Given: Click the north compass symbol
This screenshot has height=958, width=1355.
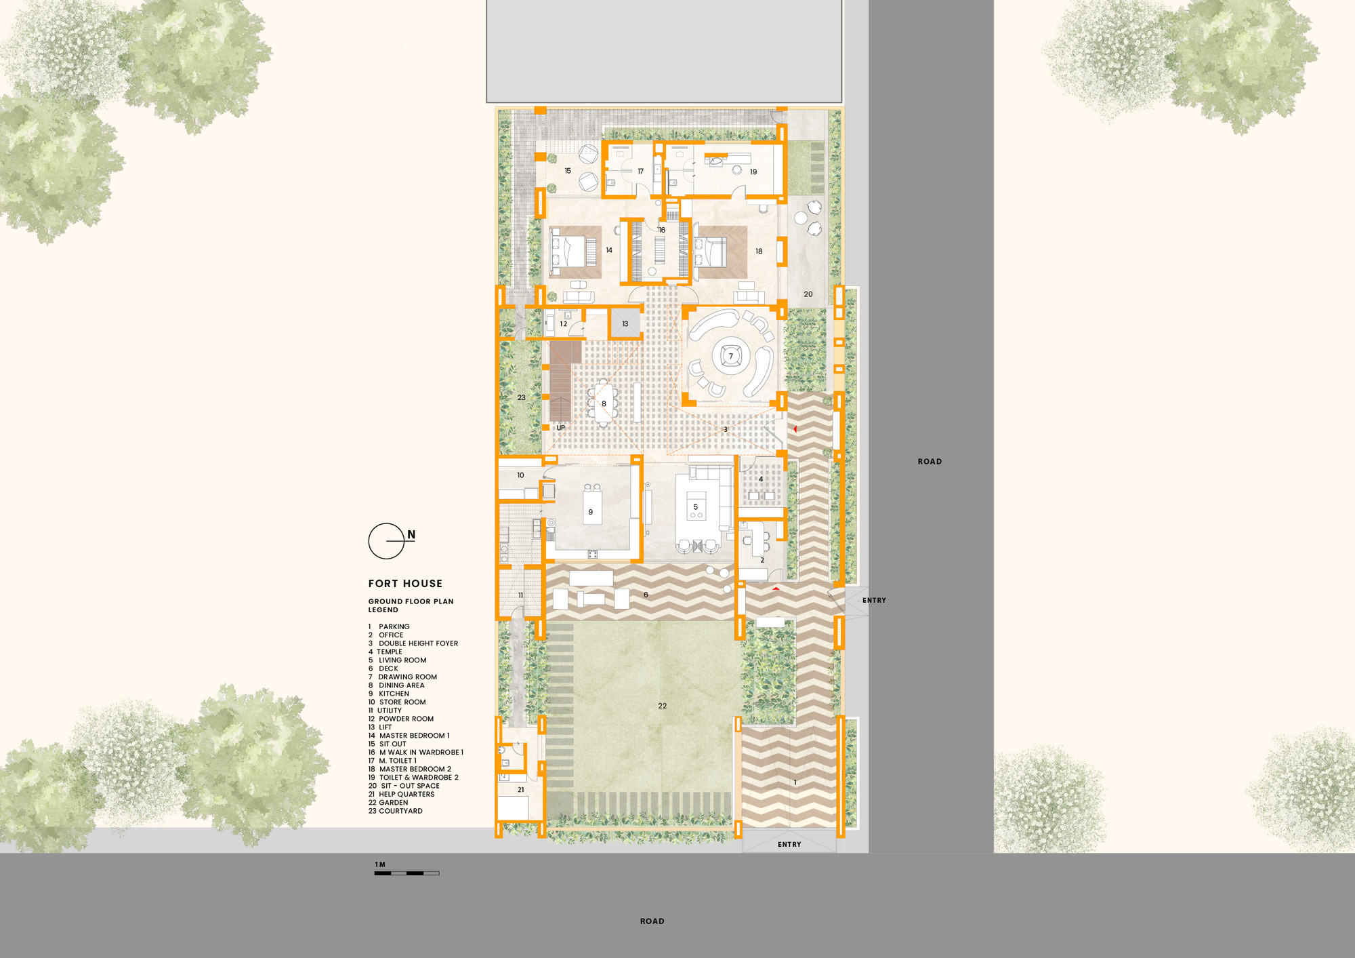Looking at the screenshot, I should point(387,541).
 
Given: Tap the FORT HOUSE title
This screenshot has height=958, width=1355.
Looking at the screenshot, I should point(405,584).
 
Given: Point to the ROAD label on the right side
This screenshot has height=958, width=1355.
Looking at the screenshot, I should point(930,462).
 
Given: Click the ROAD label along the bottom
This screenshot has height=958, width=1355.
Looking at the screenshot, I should point(652,921).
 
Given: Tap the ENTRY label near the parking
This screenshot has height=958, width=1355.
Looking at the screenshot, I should point(789,845).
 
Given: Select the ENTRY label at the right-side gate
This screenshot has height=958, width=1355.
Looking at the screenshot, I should point(874,601).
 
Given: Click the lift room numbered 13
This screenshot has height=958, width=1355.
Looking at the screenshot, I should point(625,324).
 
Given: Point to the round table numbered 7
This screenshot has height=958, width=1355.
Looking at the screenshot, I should point(730,356).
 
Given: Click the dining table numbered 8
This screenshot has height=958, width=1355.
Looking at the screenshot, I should point(603,404).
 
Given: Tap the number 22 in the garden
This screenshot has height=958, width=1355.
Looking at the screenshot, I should point(662,706).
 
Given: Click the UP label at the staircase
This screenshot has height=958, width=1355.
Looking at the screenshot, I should point(560,428).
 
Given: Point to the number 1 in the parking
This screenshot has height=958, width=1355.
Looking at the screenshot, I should point(795,782).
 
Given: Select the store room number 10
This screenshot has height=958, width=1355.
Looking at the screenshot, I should point(520,475).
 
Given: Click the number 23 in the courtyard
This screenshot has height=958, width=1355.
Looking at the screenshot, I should point(521,397).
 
